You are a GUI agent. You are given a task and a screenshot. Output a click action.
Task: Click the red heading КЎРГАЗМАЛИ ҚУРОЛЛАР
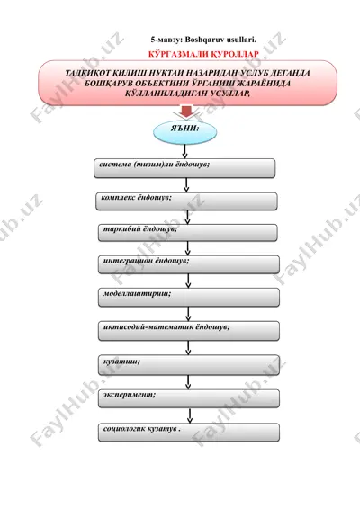coord(203,54)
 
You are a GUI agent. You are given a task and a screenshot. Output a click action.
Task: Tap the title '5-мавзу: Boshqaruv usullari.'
coord(203,40)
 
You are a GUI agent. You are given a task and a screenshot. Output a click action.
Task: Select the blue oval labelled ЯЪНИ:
coord(184,132)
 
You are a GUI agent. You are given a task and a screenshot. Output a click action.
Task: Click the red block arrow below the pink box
coord(186,111)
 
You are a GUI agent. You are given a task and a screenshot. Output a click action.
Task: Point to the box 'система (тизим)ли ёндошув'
coord(184,168)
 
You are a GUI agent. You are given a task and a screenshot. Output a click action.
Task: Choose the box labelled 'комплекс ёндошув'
coord(186,201)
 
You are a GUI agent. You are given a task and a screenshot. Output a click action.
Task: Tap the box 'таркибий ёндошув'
coord(188,232)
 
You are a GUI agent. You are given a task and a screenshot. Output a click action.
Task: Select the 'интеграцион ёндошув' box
coord(189,264)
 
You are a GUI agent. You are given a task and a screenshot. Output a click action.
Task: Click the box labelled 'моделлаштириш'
coord(189,297)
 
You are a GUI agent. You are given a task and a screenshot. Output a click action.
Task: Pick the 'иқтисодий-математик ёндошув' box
coord(189,331)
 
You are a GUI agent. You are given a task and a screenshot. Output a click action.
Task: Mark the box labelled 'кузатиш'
coord(189,365)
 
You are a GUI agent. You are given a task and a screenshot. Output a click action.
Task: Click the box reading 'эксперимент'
coord(189,398)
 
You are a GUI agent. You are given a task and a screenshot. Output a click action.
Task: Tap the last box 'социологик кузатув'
coord(189,433)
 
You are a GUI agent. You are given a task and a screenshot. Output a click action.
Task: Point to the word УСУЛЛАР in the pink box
coord(230,94)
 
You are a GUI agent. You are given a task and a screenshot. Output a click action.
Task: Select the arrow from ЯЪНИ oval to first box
coord(184,152)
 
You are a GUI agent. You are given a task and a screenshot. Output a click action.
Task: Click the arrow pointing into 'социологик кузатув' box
coord(190,415)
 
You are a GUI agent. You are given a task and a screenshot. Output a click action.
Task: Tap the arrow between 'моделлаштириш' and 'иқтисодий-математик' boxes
coord(188,314)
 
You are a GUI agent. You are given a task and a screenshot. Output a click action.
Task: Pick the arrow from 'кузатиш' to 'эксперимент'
coord(188,382)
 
